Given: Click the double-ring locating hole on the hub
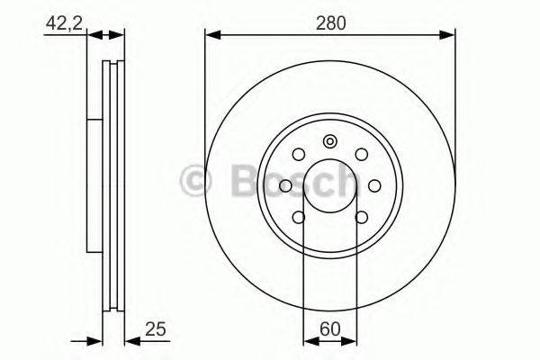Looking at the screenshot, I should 330,140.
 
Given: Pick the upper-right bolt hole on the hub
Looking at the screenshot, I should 361,155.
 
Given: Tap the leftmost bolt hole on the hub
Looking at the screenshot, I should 286,185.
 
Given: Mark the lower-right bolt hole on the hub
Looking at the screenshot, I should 361,216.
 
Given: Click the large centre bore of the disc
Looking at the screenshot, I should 330,185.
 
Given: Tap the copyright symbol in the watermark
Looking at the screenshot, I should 193,180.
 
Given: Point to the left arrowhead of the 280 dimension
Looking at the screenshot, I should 211,36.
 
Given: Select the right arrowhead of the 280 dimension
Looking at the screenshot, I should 449,36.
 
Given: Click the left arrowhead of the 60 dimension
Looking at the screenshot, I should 309,340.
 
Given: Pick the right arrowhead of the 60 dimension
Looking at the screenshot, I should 352,340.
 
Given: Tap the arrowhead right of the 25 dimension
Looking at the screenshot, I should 128,340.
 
